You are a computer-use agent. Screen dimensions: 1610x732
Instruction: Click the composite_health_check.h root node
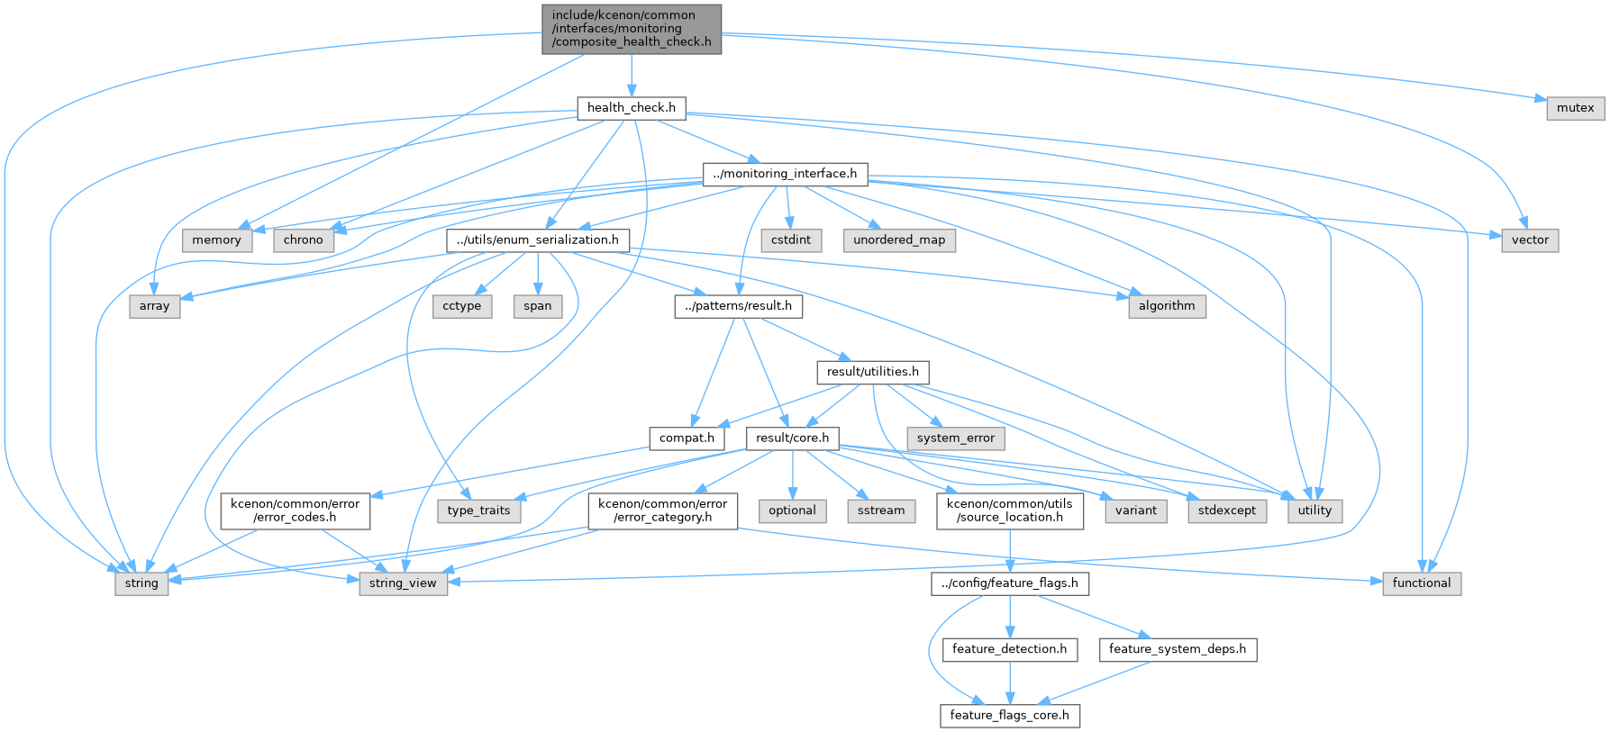click(632, 29)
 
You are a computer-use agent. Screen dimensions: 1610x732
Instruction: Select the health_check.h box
click(632, 108)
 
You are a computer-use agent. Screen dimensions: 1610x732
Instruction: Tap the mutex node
click(1576, 108)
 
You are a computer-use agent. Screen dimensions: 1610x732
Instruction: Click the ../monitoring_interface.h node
click(785, 174)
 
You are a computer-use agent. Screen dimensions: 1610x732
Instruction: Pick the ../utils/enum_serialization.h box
click(538, 240)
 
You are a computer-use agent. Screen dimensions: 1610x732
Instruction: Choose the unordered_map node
click(899, 240)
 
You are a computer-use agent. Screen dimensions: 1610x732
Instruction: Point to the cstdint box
click(791, 240)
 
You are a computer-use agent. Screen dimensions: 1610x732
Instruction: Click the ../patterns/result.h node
click(739, 306)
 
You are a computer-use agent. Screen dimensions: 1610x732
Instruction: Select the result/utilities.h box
click(873, 372)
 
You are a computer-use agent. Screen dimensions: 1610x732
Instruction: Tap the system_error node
click(956, 438)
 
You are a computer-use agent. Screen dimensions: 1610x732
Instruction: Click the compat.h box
click(687, 438)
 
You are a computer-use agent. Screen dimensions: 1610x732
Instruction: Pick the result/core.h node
click(793, 438)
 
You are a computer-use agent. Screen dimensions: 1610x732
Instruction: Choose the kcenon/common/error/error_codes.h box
click(295, 511)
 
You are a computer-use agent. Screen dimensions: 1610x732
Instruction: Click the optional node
click(793, 511)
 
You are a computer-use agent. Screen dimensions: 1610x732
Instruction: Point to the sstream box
click(881, 511)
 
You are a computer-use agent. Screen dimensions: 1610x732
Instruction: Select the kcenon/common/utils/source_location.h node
click(1010, 511)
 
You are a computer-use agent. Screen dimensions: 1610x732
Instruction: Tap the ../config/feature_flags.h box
click(1010, 583)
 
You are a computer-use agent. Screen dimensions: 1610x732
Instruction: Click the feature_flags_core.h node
click(1010, 716)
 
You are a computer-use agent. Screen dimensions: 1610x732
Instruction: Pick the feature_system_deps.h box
click(1178, 649)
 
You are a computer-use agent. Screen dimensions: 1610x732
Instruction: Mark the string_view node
click(403, 583)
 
